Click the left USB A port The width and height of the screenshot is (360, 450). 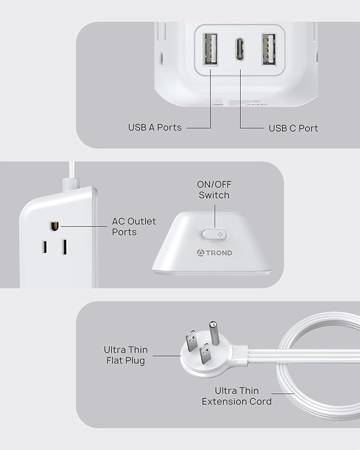210,49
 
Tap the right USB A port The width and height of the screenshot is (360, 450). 268,49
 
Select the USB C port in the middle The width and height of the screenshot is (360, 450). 240,49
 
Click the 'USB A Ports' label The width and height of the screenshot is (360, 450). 155,128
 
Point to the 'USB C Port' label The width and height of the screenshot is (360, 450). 293,128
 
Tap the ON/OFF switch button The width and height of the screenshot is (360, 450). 214,234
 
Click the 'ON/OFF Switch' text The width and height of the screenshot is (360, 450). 214,190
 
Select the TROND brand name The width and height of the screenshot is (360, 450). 219,253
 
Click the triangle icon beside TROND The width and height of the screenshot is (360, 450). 201,253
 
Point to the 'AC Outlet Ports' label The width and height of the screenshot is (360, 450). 134,226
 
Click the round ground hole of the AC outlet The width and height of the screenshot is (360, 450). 54,226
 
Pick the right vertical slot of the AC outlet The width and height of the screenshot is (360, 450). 64,247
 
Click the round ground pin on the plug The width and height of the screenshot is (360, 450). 214,332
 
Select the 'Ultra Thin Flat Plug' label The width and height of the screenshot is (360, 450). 126,355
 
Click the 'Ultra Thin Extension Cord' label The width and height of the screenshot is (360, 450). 236,396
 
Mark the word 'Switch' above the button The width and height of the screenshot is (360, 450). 214,195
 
